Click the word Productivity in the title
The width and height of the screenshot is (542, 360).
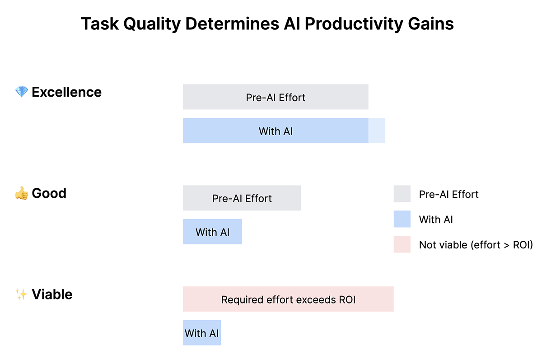click(354, 24)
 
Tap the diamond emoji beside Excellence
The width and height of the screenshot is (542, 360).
click(22, 92)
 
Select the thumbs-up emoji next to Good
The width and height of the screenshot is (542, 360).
click(22, 193)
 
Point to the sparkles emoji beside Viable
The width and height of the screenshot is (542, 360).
click(21, 294)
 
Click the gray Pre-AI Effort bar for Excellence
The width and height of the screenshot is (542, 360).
click(276, 97)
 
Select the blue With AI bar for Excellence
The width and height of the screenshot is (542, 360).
click(276, 131)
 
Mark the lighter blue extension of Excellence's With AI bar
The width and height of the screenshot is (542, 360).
click(377, 131)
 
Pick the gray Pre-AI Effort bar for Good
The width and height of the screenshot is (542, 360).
click(242, 198)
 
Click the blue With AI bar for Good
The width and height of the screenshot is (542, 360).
click(212, 232)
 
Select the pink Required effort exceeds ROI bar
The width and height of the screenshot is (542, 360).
click(288, 299)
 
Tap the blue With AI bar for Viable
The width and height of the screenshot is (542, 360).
click(202, 332)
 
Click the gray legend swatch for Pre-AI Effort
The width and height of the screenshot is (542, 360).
click(402, 194)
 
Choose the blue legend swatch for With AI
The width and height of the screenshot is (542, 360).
click(402, 219)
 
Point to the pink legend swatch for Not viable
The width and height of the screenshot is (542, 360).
click(402, 244)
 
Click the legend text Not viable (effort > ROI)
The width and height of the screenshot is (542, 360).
click(476, 245)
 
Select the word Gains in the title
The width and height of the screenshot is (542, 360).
click(431, 23)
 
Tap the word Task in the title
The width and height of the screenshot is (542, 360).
click(100, 23)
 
